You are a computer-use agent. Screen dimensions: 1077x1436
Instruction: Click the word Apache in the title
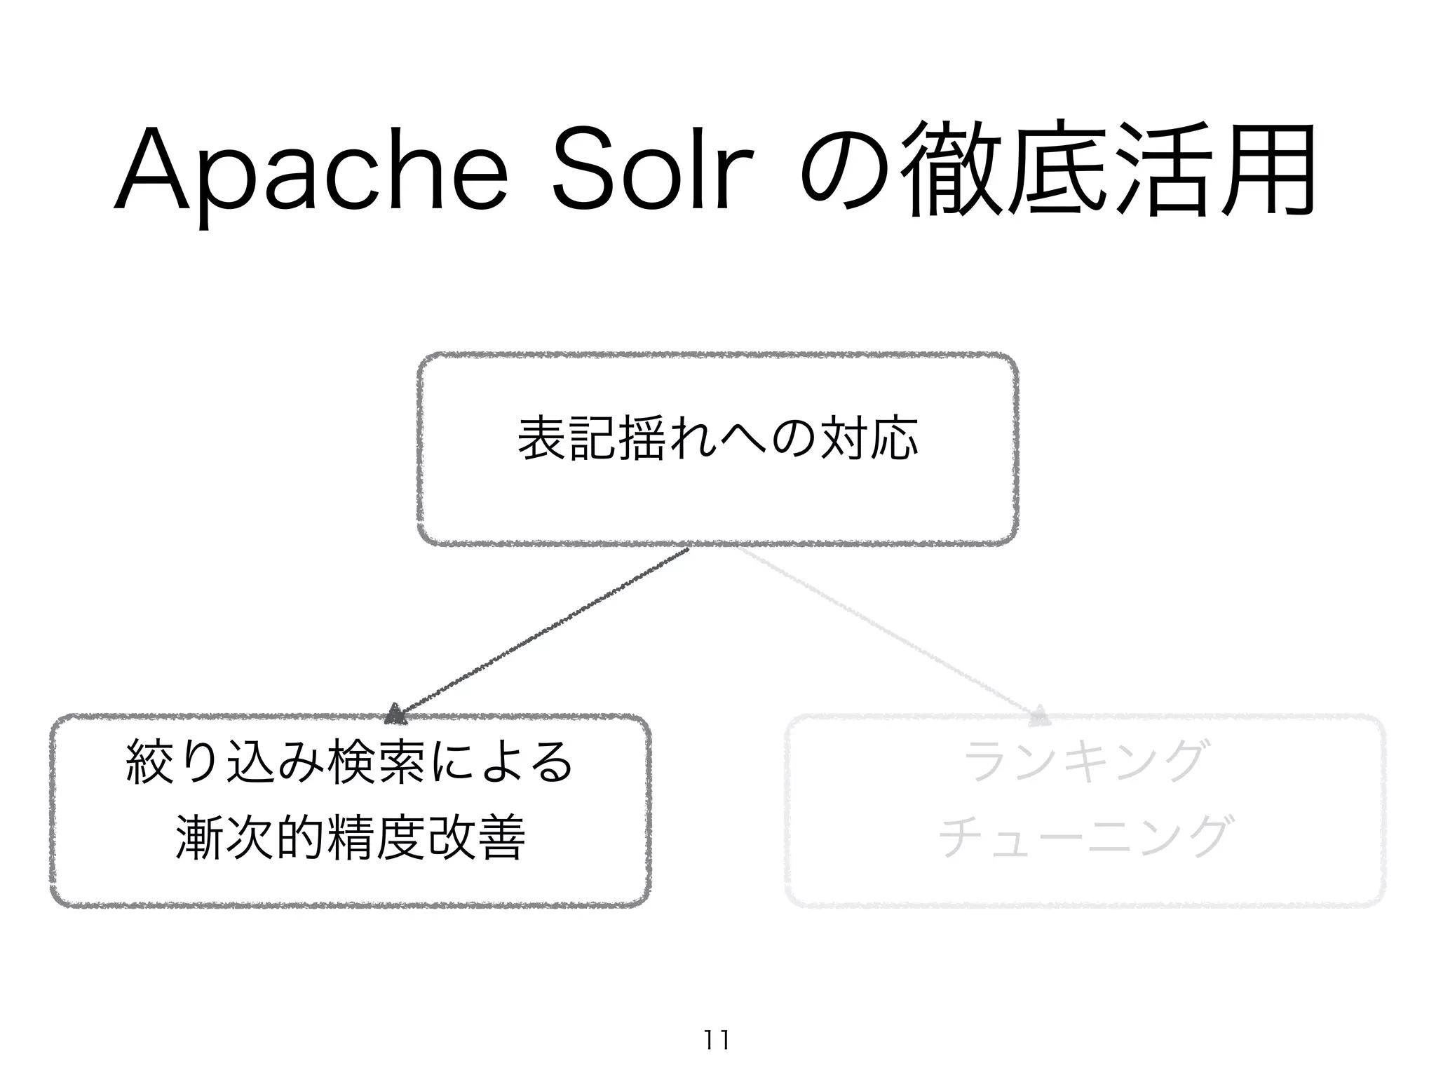click(309, 171)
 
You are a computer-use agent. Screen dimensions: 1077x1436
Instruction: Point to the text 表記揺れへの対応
click(717, 439)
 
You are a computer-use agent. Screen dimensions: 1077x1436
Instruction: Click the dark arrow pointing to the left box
click(540, 634)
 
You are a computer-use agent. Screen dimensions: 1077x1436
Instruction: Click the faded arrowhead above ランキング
click(1039, 716)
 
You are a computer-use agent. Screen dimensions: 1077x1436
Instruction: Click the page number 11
click(716, 1039)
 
